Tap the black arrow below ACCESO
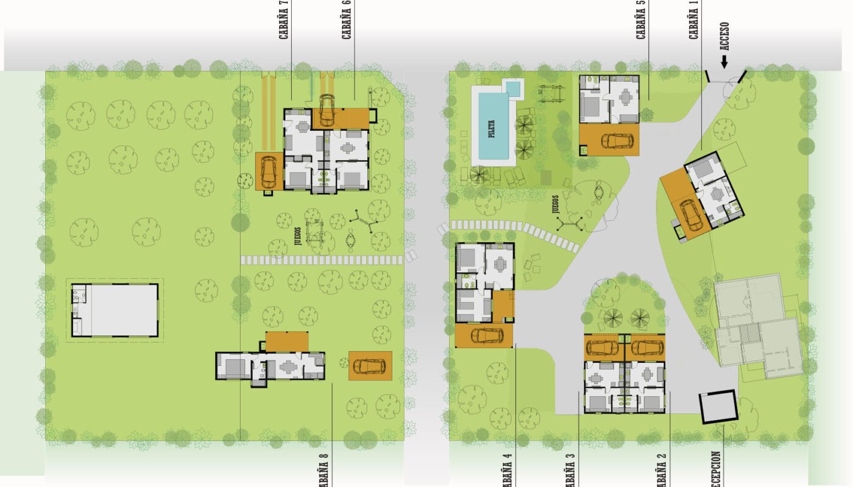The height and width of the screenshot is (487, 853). [724, 61]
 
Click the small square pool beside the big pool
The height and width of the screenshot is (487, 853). [514, 89]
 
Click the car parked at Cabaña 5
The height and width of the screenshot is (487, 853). [617, 141]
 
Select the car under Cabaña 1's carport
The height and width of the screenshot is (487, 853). [690, 215]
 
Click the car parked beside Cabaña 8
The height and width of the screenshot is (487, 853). [369, 365]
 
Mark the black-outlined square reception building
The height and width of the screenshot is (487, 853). [718, 407]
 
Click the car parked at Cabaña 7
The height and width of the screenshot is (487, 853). [268, 172]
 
